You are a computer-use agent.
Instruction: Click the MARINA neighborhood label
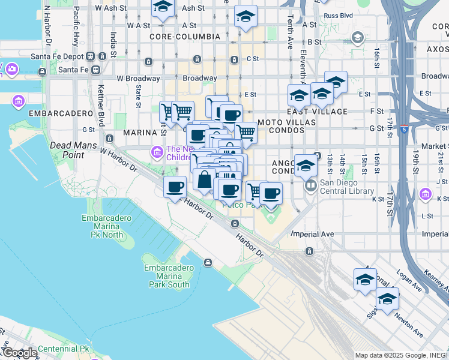[140, 132]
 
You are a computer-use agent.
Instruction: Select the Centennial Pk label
[63, 349]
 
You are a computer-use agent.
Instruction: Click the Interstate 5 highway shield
[405, 128]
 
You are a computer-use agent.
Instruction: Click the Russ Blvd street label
[336, 16]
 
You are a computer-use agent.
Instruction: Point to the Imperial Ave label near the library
[312, 234]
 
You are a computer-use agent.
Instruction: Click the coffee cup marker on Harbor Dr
[175, 187]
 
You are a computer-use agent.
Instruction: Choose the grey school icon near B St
[357, 38]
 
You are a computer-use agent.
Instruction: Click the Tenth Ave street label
[291, 40]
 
